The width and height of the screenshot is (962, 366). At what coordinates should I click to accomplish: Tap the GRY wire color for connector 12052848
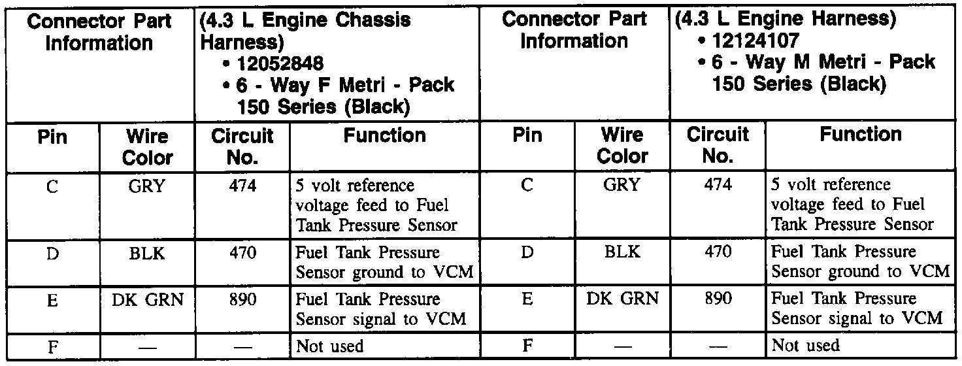[x=147, y=185]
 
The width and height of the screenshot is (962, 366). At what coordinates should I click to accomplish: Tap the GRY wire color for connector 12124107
[x=622, y=185]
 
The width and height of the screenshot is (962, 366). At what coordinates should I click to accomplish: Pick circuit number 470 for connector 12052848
[x=241, y=252]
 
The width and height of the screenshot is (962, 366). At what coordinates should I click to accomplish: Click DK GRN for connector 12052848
[x=147, y=299]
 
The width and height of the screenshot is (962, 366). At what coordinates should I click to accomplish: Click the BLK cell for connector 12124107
[x=622, y=252]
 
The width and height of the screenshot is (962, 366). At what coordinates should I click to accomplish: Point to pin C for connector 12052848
[x=53, y=186]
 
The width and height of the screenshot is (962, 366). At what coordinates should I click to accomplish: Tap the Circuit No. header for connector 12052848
[x=242, y=146]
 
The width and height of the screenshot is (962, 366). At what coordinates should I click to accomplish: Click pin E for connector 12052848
[x=53, y=300]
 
